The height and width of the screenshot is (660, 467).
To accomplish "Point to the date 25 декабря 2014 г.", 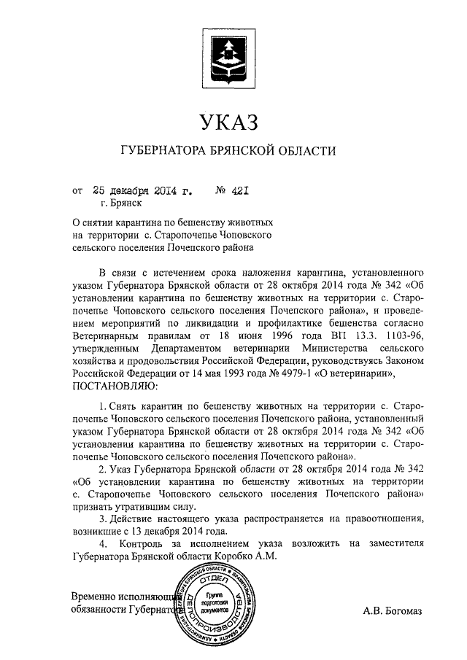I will click(x=142, y=192).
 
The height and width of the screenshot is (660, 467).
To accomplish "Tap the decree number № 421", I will click(x=233, y=192).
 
